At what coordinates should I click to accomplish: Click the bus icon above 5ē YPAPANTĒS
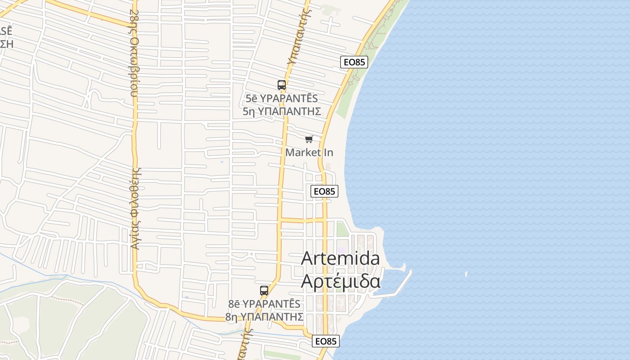coord(282,85)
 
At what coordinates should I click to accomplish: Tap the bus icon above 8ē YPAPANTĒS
coord(264,290)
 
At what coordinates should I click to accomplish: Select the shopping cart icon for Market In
coord(309,139)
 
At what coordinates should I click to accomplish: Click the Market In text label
coord(309,153)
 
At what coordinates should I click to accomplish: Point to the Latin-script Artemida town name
coord(340,258)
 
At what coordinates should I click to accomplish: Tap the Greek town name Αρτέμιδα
coord(340,281)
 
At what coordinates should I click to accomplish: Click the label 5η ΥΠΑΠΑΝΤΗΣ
coord(282,112)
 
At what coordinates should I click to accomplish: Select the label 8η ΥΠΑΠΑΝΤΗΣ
coord(264,317)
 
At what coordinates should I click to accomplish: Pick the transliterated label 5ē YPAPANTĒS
coord(282,99)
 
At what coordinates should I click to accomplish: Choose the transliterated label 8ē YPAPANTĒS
coord(264,304)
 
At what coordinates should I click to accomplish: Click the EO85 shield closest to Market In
coord(324,191)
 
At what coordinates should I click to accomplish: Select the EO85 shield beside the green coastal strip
coord(354,62)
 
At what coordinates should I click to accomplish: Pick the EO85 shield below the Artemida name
coord(325,342)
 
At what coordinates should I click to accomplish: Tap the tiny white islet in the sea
coord(466,274)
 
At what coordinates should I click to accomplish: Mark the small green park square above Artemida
coord(342,229)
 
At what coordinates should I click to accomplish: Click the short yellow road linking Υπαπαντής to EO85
coord(301,220)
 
